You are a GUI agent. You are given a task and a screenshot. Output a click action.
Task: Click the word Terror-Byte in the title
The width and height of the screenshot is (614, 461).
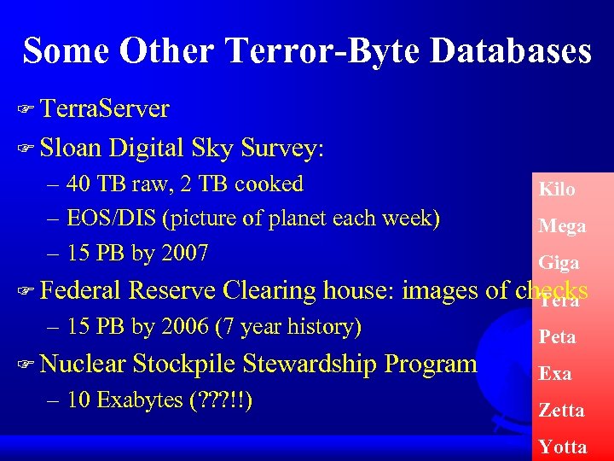(x=322, y=51)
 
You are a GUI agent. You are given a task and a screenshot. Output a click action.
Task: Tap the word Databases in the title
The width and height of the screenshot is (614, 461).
(x=511, y=51)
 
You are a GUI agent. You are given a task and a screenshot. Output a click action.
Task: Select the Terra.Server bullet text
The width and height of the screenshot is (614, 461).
(x=104, y=109)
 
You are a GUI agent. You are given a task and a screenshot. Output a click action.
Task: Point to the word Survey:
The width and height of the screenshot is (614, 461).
(x=282, y=148)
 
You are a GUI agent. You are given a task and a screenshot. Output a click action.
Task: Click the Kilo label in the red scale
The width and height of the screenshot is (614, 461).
(x=557, y=190)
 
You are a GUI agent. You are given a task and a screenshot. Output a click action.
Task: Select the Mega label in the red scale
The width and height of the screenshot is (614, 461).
(x=562, y=226)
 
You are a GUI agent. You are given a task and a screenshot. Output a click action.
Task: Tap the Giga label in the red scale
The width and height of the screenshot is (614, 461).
(x=559, y=263)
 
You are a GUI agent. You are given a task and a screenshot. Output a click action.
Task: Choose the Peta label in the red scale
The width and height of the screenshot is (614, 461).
(x=557, y=337)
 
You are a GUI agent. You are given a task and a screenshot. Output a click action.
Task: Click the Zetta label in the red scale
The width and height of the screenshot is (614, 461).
(x=561, y=411)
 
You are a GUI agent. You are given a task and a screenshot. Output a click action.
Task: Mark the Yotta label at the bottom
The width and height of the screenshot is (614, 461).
(x=563, y=447)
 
